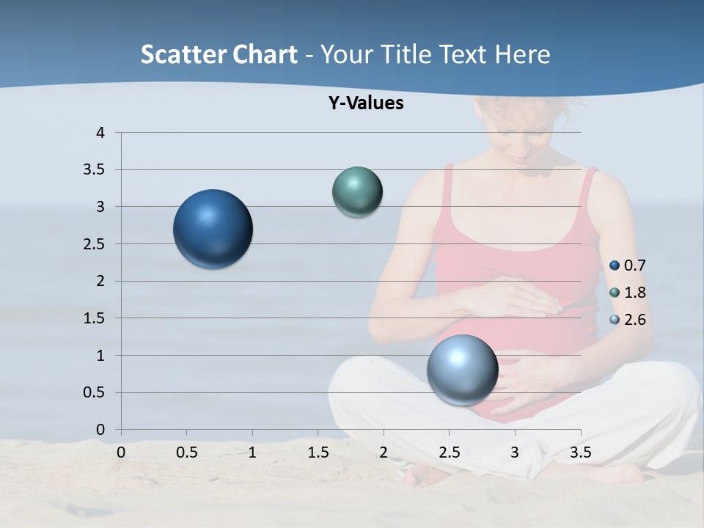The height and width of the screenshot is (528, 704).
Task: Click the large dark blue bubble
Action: [x=213, y=229]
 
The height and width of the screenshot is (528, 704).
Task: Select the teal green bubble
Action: [x=357, y=192]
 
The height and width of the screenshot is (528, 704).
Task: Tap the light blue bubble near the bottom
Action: [x=462, y=370]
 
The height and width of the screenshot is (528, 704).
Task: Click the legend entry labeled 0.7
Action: [x=628, y=265]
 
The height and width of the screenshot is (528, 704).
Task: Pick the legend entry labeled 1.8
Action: [x=628, y=293]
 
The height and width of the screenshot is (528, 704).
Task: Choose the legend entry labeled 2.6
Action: [x=628, y=320]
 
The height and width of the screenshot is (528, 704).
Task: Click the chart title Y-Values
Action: [x=366, y=103]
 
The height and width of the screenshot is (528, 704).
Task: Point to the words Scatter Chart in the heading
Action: [x=219, y=54]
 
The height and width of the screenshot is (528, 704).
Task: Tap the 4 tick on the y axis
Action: [x=100, y=133]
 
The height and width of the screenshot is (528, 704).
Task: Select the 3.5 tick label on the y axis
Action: [x=95, y=170]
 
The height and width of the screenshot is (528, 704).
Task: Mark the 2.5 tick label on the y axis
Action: [x=95, y=244]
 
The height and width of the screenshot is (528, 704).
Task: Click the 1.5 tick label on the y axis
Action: [x=95, y=318]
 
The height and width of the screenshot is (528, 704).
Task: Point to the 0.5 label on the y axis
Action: [x=95, y=393]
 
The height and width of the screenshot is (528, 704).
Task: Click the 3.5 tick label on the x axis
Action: [x=580, y=452]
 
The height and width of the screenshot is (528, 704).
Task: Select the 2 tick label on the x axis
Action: [x=384, y=452]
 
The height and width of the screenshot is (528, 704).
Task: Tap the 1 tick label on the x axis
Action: [x=252, y=452]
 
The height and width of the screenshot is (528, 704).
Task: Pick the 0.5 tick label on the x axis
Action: [x=186, y=452]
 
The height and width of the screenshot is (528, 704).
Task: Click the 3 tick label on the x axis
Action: [x=515, y=452]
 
